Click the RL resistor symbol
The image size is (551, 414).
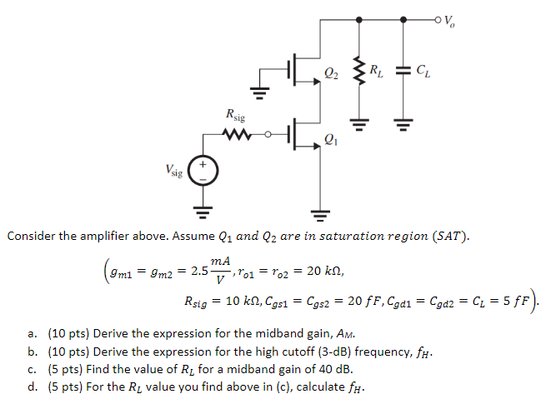[x=359, y=69]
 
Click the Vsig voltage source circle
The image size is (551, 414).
[x=204, y=172]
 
